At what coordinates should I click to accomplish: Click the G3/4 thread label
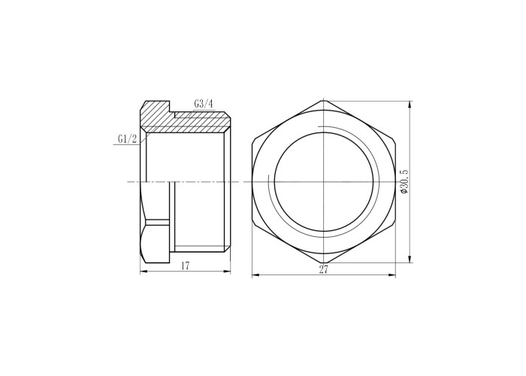204,104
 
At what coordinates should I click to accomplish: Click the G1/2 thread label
127,138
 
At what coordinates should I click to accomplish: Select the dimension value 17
185,266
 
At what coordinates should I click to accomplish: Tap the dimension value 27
323,269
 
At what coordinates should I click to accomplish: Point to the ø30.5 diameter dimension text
404,181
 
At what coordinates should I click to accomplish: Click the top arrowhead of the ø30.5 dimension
409,105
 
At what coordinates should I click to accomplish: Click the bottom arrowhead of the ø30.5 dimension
409,259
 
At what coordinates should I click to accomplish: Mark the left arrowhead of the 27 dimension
255,275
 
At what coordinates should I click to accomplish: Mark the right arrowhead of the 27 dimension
391,275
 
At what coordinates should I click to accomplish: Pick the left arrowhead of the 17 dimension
144,271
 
